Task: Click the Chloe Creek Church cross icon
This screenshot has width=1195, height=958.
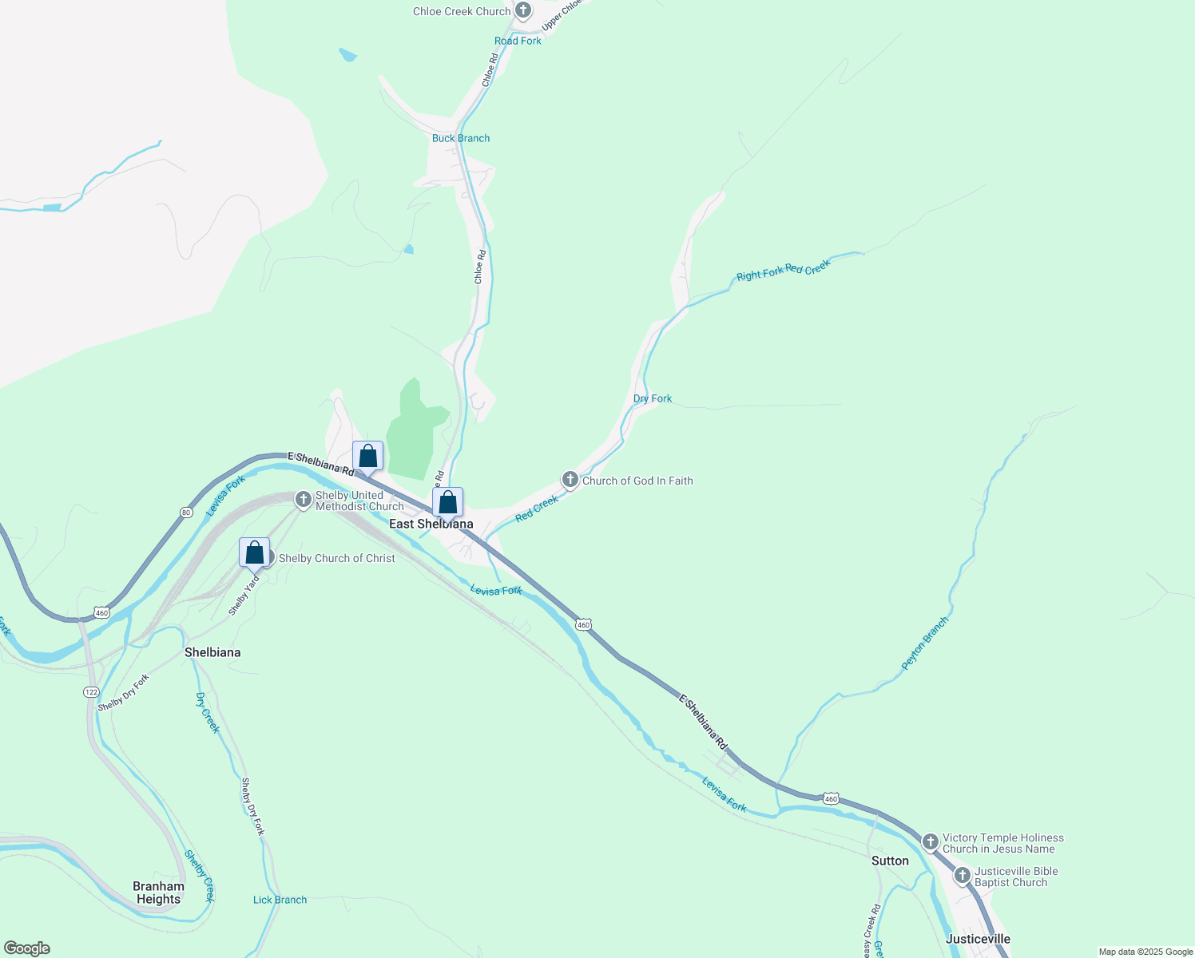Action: click(522, 11)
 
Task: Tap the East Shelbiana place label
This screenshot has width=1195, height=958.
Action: click(431, 525)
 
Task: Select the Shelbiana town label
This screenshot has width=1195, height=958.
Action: click(212, 652)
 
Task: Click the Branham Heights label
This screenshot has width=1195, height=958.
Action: click(158, 893)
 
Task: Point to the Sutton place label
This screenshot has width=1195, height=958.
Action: click(890, 861)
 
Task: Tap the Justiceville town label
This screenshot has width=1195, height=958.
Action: click(978, 939)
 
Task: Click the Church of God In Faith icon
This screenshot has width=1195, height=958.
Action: click(570, 480)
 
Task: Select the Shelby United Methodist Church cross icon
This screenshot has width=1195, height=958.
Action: click(303, 500)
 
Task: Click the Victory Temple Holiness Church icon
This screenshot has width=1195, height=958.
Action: click(930, 842)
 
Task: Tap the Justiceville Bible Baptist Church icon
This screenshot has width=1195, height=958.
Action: click(963, 877)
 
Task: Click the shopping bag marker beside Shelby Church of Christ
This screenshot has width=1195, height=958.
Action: click(254, 552)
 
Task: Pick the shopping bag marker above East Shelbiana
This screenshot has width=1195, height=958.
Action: click(448, 503)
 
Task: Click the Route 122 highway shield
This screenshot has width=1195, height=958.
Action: click(91, 692)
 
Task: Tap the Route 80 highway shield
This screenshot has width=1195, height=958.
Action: click(186, 513)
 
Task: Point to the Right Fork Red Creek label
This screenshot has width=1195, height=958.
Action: click(783, 270)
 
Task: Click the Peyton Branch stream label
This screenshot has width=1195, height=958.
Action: click(925, 643)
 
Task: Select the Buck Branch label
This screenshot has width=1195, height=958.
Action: click(461, 138)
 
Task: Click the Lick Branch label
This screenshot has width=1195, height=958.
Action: click(280, 900)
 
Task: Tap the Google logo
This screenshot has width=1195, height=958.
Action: click(27, 948)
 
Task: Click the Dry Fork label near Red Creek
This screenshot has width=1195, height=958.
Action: click(653, 398)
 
